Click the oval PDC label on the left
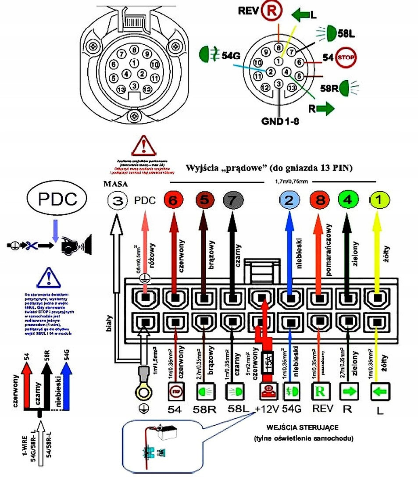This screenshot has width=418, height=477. point(52,199)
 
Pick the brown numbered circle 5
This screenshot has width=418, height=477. point(204,200)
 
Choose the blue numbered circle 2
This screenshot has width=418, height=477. point(289,200)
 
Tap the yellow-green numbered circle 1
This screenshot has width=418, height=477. point(379,200)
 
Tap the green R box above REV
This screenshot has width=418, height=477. point(320,389)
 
